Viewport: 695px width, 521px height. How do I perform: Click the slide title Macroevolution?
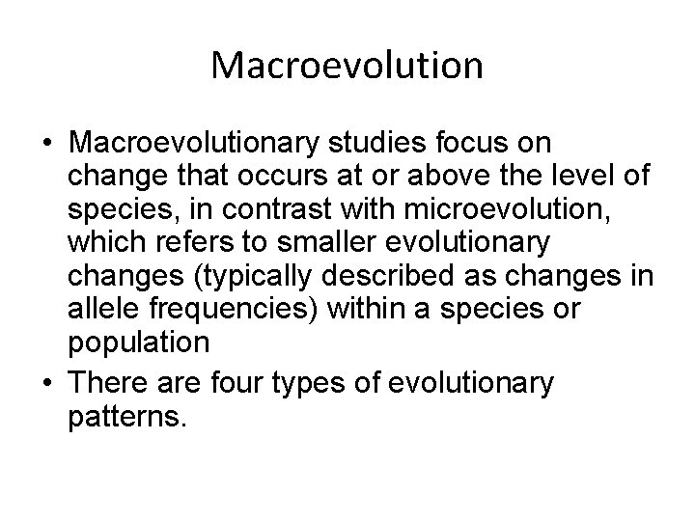click(x=347, y=66)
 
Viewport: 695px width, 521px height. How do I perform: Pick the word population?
click(x=139, y=343)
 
